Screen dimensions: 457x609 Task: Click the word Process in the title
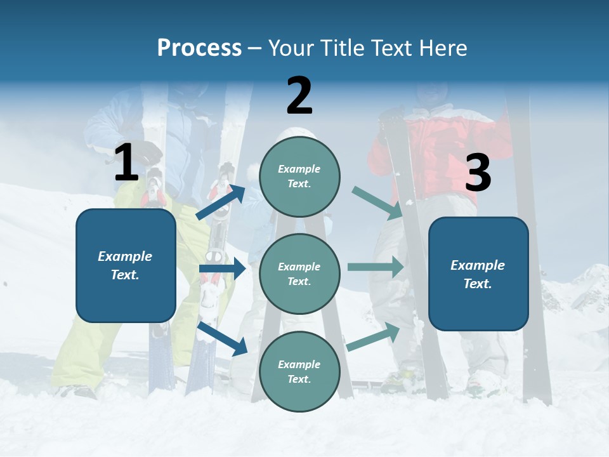pyautogui.click(x=199, y=48)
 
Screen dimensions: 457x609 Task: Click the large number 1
pyautogui.click(x=126, y=163)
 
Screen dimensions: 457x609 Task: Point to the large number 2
pyautogui.click(x=299, y=96)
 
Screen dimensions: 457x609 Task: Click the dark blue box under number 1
pyautogui.click(x=126, y=265)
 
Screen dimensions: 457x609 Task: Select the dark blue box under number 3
pyautogui.click(x=478, y=274)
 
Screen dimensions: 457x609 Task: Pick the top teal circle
pyautogui.click(x=299, y=176)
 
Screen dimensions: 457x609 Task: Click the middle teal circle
pyautogui.click(x=299, y=274)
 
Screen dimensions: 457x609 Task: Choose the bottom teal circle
pyautogui.click(x=299, y=371)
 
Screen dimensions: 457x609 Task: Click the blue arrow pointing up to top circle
pyautogui.click(x=221, y=202)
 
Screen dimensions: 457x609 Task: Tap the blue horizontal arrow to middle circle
pyautogui.click(x=222, y=268)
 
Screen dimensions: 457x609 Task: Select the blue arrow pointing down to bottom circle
pyautogui.click(x=223, y=338)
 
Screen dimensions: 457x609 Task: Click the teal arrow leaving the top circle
pyautogui.click(x=377, y=203)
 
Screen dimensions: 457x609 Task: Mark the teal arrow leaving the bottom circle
pyautogui.click(x=373, y=337)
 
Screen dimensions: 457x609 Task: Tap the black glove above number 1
pyautogui.click(x=150, y=152)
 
